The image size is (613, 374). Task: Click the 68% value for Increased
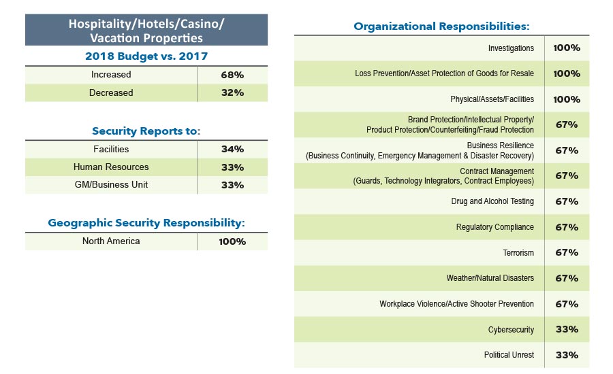232,75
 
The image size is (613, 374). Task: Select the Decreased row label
111,92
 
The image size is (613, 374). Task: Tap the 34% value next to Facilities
232,149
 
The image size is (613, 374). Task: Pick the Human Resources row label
111,167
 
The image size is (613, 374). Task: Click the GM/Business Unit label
111,184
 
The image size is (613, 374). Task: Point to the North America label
111,241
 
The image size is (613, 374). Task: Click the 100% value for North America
232,241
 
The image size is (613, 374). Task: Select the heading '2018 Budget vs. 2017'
146,56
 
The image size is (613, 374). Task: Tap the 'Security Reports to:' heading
146,131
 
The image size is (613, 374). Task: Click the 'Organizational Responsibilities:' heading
441,27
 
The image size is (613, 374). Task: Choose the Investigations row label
511,48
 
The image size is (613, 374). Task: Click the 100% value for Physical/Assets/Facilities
567,99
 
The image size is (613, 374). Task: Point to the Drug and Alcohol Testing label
492,201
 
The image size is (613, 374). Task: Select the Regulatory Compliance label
495,227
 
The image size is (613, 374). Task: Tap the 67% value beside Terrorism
567,252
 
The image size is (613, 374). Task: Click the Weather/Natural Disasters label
490,278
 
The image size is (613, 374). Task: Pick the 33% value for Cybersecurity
567,329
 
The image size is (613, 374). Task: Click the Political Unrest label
509,355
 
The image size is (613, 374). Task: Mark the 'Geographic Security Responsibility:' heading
146,222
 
